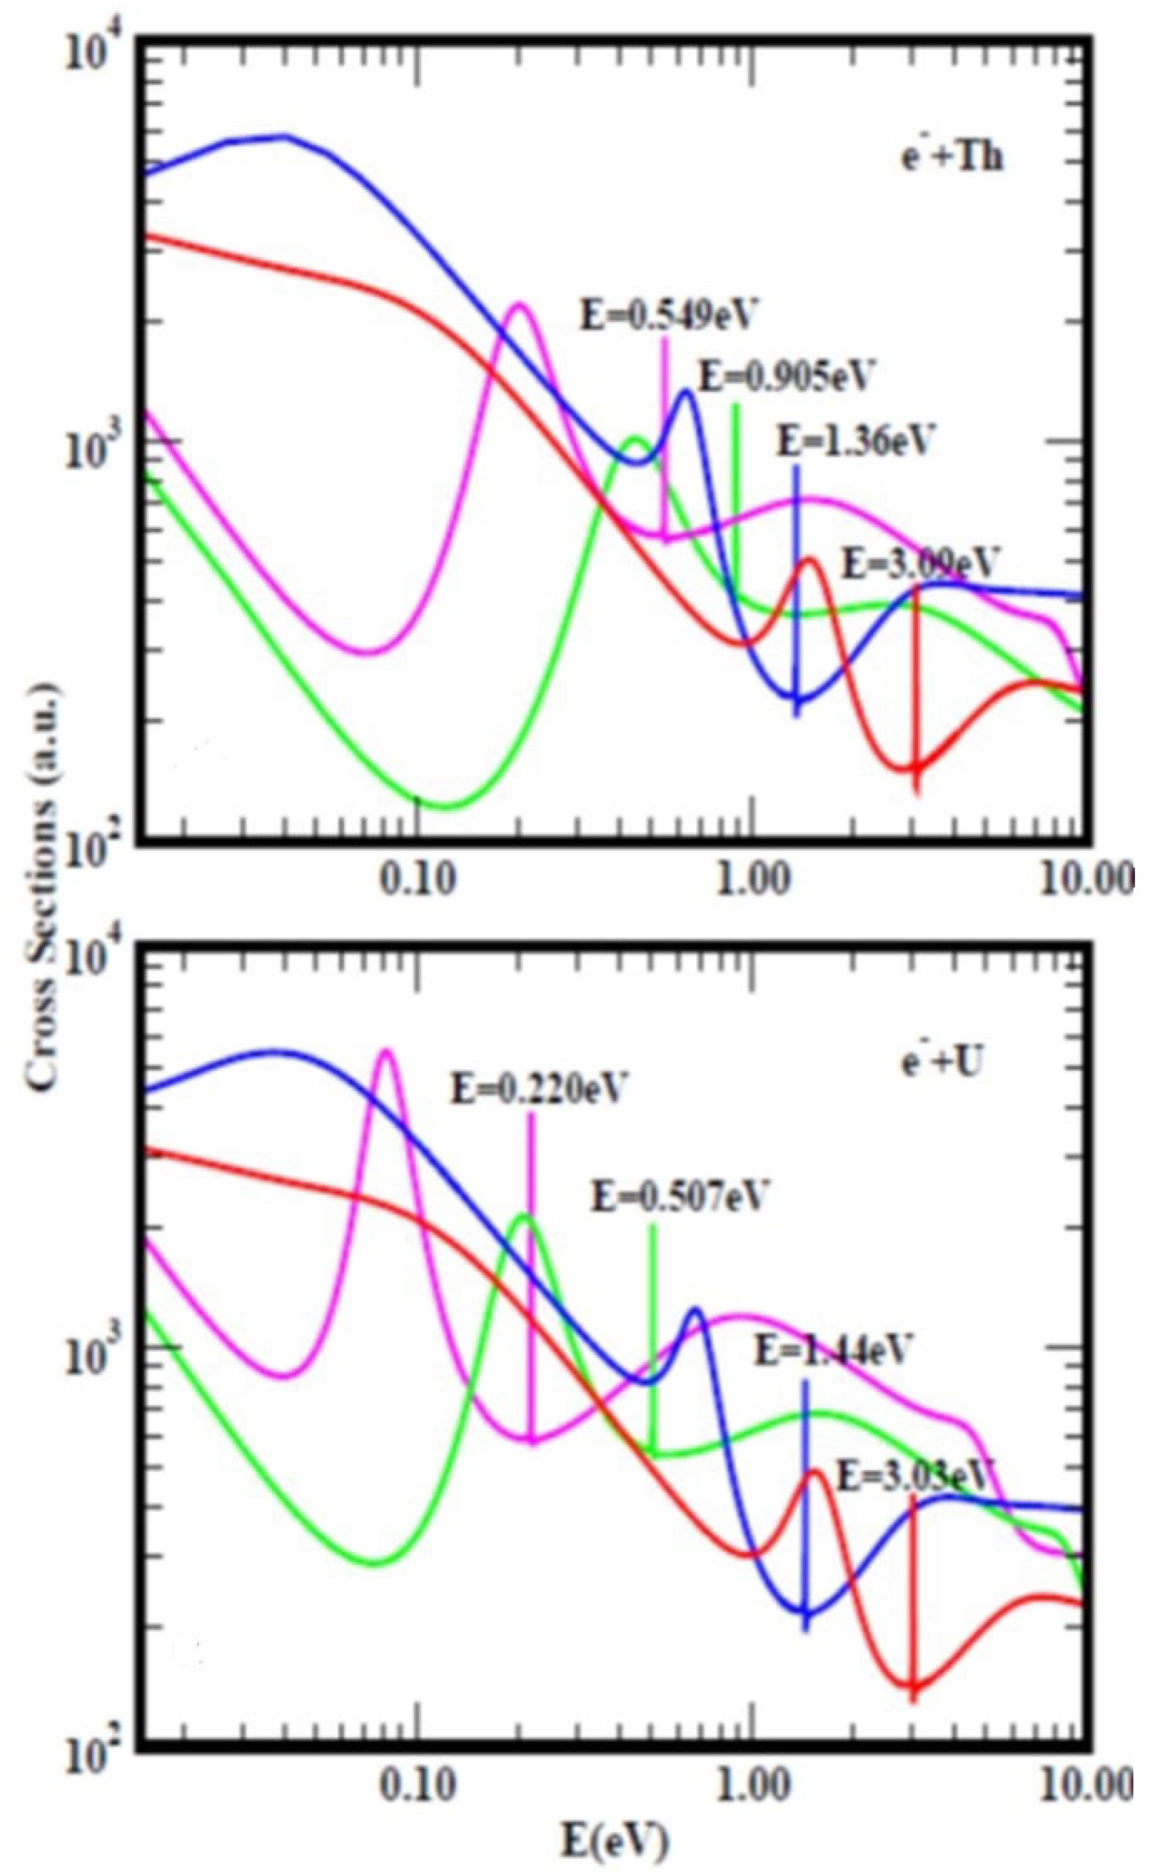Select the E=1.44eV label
tap(832, 1350)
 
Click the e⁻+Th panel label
tap(952, 158)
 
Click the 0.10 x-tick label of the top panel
tap(417, 880)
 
